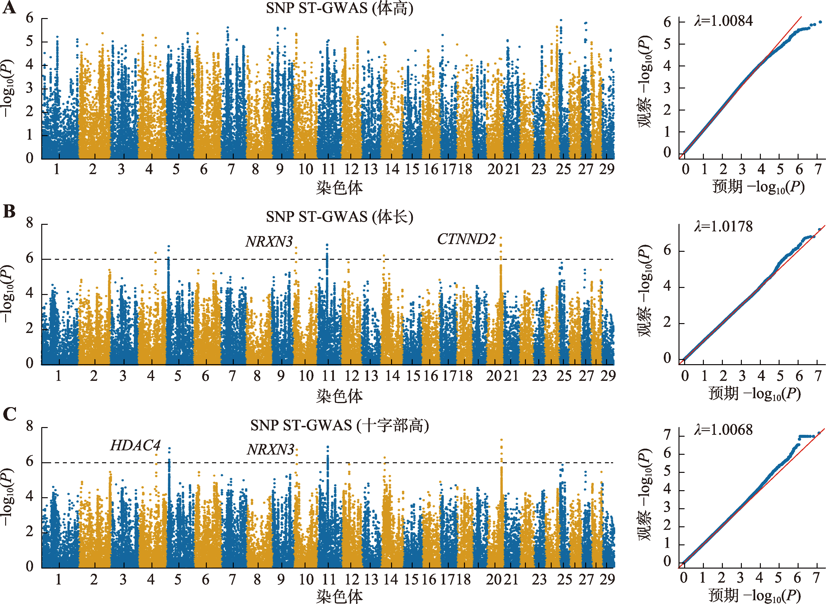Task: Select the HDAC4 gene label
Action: pyautogui.click(x=135, y=445)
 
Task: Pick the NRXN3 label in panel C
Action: pyautogui.click(x=270, y=449)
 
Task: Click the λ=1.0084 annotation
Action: pyautogui.click(x=723, y=21)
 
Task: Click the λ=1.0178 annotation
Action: pyautogui.click(x=723, y=227)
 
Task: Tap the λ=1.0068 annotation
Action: pyautogui.click(x=723, y=430)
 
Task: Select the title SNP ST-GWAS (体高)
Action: pyautogui.click(x=339, y=8)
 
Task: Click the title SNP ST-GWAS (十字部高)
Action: pyautogui.click(x=339, y=425)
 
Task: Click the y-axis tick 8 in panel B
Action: pyautogui.click(x=30, y=223)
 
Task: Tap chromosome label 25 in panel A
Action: pyautogui.click(x=563, y=169)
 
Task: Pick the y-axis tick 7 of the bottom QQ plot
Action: pyautogui.click(x=667, y=435)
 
